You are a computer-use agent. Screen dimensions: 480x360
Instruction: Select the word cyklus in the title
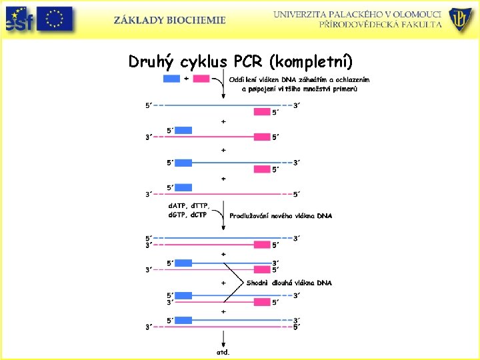pos(204,62)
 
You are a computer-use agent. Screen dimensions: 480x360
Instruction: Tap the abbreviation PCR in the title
pos(249,61)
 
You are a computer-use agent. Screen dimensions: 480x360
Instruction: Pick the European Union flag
pos(55,19)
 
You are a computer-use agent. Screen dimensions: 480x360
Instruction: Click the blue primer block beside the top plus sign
pos(171,79)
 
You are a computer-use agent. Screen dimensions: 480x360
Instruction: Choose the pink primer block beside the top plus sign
pos(201,79)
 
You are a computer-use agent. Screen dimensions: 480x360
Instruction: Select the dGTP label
pos(177,214)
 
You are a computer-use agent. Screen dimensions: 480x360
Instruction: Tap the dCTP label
pos(199,214)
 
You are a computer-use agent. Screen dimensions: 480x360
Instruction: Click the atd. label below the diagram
pos(223,351)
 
